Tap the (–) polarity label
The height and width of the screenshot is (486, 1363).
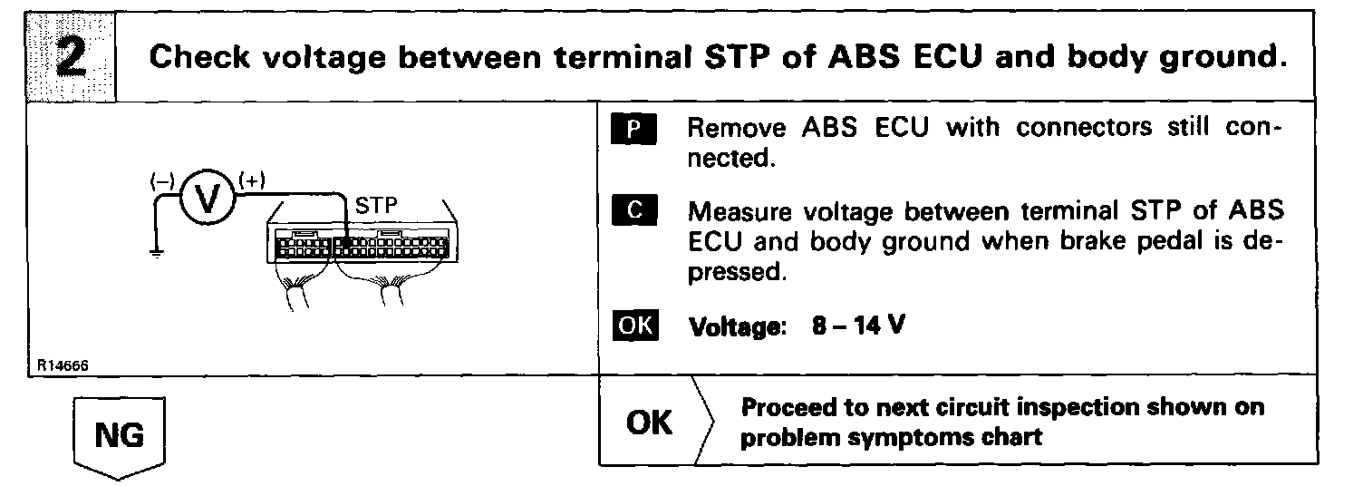point(161,181)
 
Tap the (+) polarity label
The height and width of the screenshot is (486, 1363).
point(251,180)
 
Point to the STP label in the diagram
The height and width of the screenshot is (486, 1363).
point(375,207)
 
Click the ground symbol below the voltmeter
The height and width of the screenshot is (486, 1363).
point(158,255)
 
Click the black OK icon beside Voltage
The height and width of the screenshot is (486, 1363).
point(637,325)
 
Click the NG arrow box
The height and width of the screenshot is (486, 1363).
point(120,437)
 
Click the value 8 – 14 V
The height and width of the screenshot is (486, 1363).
point(858,326)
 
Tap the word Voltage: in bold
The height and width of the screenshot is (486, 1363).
point(735,326)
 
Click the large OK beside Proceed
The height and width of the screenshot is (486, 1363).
point(650,423)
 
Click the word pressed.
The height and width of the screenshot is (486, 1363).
point(734,271)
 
